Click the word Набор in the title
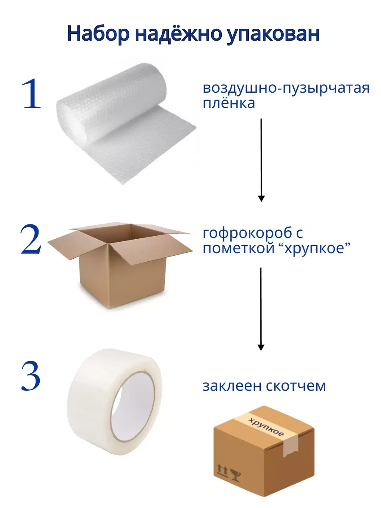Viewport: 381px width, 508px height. click(x=98, y=34)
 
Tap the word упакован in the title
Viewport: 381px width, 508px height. click(x=273, y=34)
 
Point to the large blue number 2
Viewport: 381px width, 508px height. click(x=31, y=239)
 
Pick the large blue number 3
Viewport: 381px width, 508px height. click(x=31, y=376)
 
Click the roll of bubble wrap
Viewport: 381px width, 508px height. click(x=126, y=123)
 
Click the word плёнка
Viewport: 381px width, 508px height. click(x=229, y=103)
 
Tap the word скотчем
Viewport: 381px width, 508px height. click(x=295, y=386)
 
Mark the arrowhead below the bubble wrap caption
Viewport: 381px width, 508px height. click(x=261, y=199)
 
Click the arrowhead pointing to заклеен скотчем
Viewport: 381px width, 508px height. click(x=261, y=348)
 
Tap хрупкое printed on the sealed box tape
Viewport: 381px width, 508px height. click(x=266, y=428)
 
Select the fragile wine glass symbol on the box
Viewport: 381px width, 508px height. click(x=236, y=475)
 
